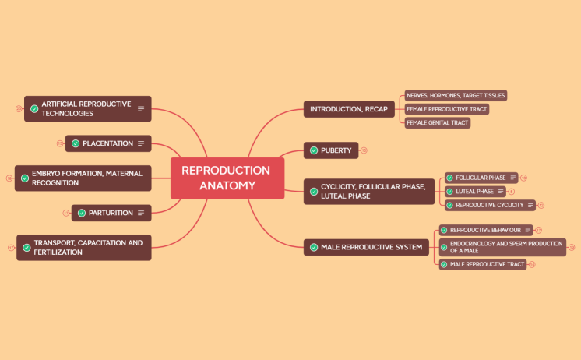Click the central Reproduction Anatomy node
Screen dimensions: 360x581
227,178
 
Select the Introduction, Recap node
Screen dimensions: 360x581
348,109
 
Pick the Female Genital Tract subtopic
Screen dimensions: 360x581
437,123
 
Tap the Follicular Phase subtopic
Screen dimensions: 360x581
481,178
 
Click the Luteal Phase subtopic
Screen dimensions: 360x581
474,192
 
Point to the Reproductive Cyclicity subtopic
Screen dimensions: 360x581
489,206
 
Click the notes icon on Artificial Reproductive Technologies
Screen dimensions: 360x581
141,109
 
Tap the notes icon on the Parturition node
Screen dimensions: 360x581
141,213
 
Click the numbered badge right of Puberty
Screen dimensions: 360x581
364,150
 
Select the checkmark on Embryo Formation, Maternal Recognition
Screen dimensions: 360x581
25,178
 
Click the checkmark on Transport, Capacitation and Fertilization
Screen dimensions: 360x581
27,248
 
